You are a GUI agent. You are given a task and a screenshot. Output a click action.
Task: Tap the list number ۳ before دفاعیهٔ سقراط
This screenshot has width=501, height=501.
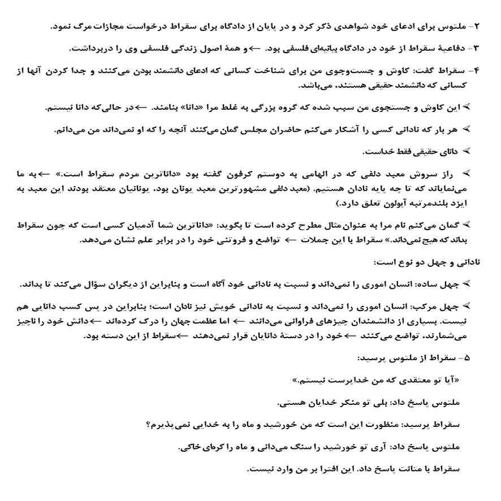[476, 49]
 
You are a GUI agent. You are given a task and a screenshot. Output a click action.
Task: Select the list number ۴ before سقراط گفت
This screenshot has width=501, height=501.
[476, 71]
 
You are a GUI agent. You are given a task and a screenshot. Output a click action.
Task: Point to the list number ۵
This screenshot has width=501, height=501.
[465, 358]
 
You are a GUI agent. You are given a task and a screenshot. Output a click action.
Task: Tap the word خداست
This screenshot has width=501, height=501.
[377, 152]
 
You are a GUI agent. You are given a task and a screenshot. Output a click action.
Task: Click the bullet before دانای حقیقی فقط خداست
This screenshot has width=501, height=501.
[467, 152]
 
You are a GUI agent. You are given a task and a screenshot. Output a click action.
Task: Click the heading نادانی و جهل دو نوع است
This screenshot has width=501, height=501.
[426, 263]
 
